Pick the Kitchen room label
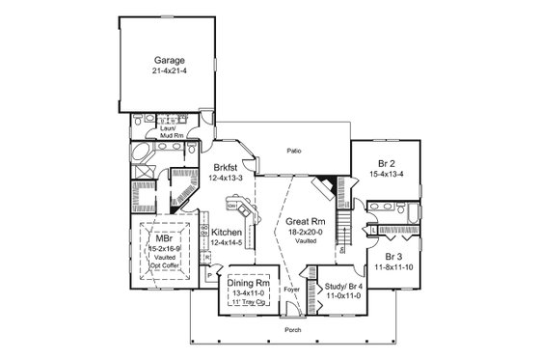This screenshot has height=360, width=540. [227, 233]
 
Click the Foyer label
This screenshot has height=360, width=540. [291, 289]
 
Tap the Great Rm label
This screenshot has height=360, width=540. [303, 221]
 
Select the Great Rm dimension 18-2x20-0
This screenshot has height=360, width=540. [303, 233]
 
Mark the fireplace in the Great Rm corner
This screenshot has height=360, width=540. [328, 187]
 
